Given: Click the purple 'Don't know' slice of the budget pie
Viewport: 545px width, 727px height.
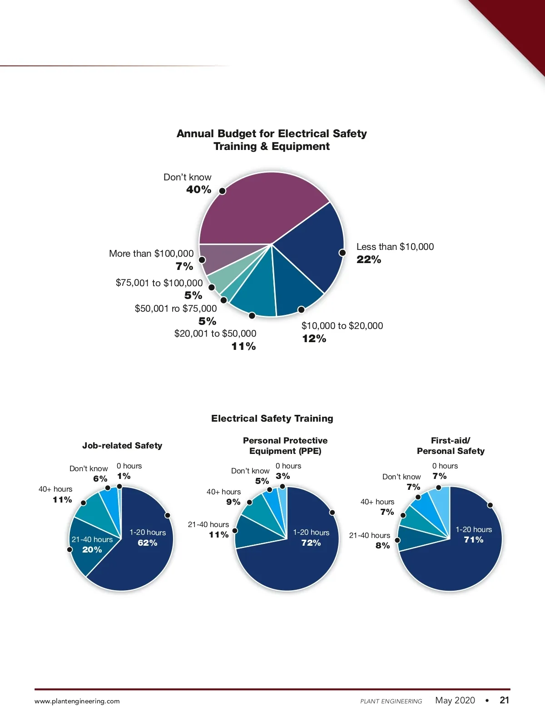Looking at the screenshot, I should point(259,209).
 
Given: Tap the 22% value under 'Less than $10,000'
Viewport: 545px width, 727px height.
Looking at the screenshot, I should point(369,260).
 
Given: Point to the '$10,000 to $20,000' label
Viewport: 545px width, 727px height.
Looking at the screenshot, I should point(342,326).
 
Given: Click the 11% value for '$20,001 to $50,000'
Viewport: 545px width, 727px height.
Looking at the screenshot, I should point(243,347).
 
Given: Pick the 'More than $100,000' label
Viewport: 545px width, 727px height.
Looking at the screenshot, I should point(151,254).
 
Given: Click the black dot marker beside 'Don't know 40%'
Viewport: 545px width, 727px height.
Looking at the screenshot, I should point(223,191).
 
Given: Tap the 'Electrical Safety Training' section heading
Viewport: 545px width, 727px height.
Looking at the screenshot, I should point(272,418).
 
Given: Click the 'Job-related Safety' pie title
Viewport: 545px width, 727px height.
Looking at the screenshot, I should point(122,446).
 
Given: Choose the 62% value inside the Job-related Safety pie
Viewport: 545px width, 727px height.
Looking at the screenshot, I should point(148,543).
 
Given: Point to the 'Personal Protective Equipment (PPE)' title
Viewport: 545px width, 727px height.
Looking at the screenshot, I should point(285,446).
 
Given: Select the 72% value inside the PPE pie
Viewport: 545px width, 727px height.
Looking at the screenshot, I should point(311,543).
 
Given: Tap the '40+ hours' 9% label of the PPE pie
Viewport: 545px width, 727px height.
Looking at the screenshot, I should point(224,497).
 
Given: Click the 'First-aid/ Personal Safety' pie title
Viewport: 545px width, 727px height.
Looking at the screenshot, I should point(451,446).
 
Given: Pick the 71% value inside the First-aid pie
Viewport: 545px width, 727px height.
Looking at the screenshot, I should point(474,540).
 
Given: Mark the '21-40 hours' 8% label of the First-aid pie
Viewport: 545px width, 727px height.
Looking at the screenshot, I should point(370,540).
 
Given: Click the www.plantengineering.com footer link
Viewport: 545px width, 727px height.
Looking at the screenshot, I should point(77,701).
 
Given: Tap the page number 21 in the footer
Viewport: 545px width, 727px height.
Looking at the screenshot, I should point(505,700).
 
